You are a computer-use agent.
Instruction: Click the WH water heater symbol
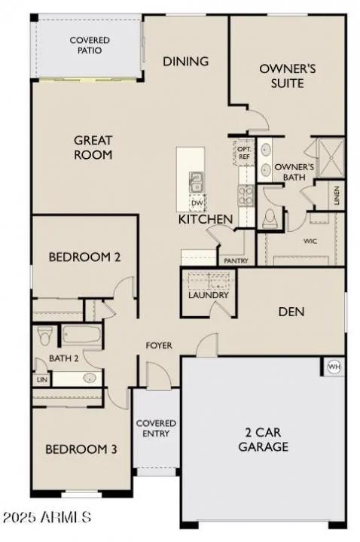pyautogui.click(x=334, y=367)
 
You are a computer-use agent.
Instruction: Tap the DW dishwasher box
pyautogui.click(x=197, y=202)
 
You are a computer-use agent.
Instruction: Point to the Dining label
pyautogui.click(x=185, y=61)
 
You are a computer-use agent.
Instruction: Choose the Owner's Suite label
pyautogui.click(x=287, y=75)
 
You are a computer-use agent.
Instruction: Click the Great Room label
pyautogui.click(x=93, y=148)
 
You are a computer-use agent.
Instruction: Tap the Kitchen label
pyautogui.click(x=205, y=219)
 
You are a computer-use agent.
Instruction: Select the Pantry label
pyautogui.click(x=236, y=260)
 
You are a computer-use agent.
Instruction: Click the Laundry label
pyautogui.click(x=208, y=295)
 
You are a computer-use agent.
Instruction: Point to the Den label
pyautogui.click(x=291, y=311)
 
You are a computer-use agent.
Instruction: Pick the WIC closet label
pyautogui.click(x=309, y=242)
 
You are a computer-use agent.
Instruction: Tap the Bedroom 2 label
pyautogui.click(x=84, y=257)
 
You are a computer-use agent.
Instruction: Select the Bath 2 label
pyautogui.click(x=64, y=358)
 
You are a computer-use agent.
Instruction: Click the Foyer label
pyautogui.click(x=159, y=346)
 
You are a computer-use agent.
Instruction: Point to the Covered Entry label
pyautogui.click(x=156, y=428)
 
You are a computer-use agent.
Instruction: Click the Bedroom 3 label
pyautogui.click(x=81, y=450)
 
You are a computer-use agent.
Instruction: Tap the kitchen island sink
pyautogui.click(x=195, y=181)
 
